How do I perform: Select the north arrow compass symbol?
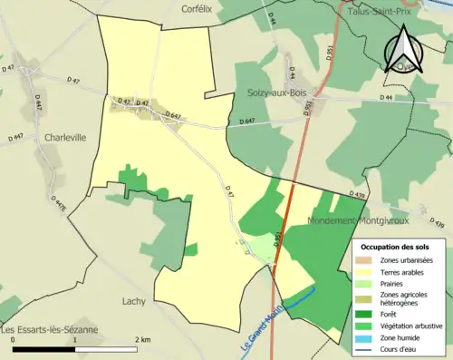(404, 47)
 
